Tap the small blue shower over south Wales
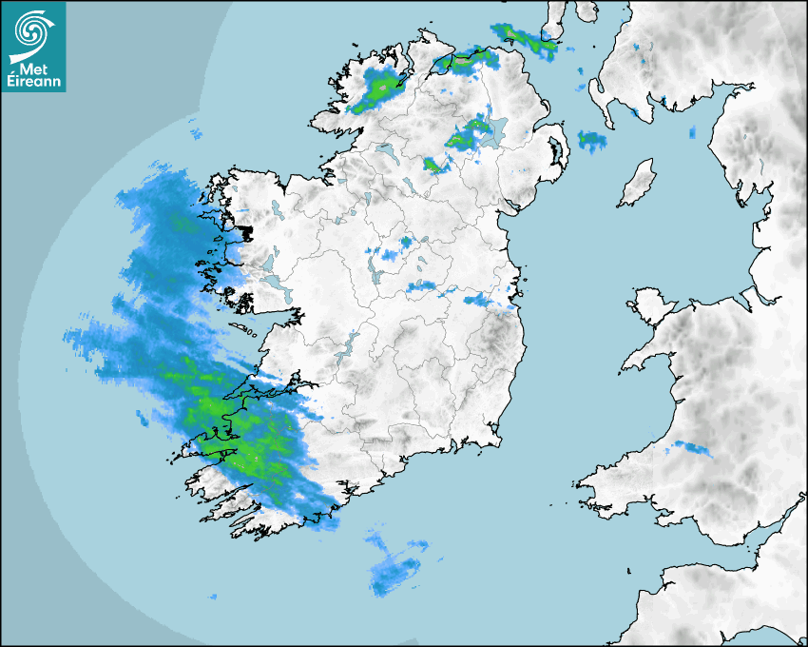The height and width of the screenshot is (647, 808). (x=691, y=447)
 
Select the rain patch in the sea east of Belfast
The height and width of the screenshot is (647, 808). (x=591, y=141)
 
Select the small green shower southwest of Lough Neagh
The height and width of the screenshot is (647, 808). (x=435, y=166)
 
